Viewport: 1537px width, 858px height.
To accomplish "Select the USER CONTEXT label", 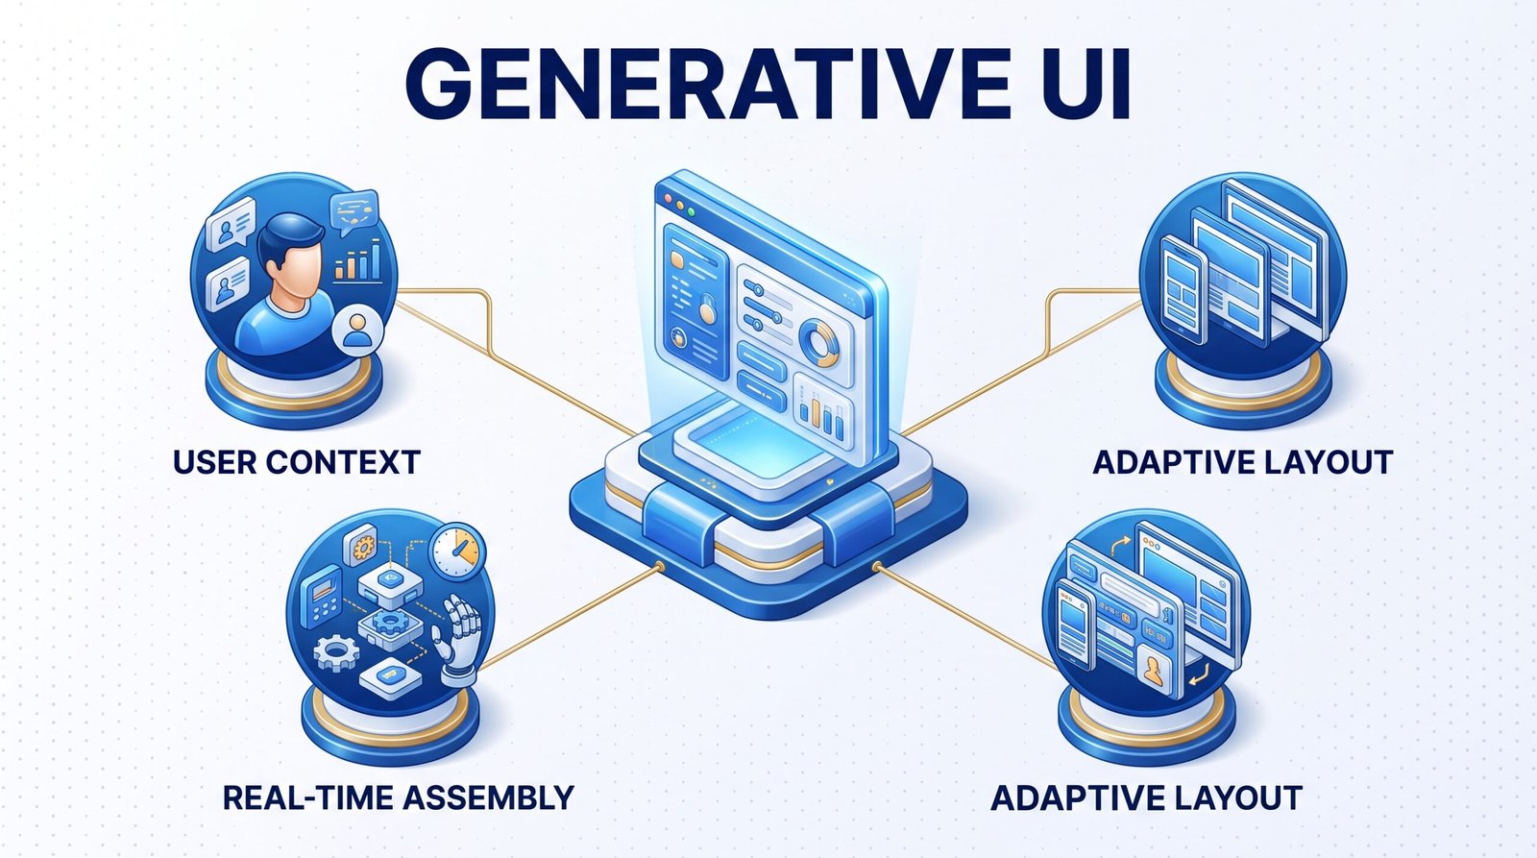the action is point(297,462).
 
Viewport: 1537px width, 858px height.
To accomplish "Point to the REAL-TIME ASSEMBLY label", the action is point(399,797).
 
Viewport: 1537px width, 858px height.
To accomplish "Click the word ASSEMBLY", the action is point(488,797).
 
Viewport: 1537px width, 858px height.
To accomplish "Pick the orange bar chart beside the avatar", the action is point(357,260).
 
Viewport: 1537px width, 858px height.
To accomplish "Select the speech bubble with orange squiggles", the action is point(354,209).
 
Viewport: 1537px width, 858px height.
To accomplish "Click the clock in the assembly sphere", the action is point(457,551).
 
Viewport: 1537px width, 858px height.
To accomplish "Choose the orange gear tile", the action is point(361,546).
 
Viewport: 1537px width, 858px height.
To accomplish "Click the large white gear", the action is point(336,653).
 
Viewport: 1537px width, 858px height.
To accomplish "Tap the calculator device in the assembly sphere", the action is point(323,596).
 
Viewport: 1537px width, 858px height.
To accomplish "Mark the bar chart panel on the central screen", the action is point(822,409).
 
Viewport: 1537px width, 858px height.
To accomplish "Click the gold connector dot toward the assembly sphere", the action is point(659,567).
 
